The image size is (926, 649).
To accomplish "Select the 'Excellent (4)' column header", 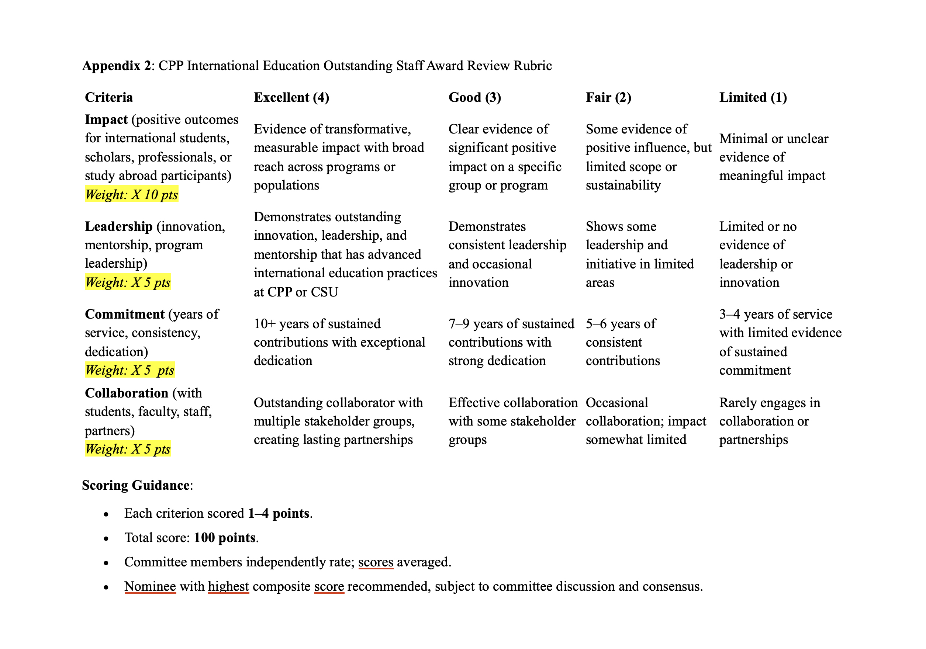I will pyautogui.click(x=291, y=98).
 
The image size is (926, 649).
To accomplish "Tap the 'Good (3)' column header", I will pyautogui.click(x=474, y=98).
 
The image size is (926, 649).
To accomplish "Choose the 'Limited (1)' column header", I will pyautogui.click(x=753, y=98).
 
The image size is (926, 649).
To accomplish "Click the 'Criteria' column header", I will pyautogui.click(x=108, y=98).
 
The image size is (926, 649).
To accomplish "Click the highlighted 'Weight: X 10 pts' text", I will pyautogui.click(x=131, y=195).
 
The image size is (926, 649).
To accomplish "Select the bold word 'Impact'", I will pyautogui.click(x=106, y=120).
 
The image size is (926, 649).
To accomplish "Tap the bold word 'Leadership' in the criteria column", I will pyautogui.click(x=118, y=226).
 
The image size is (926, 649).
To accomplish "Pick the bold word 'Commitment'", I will pyautogui.click(x=125, y=314).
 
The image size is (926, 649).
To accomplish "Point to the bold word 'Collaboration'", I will pyautogui.click(x=126, y=393).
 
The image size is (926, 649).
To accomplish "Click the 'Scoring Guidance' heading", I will pyautogui.click(x=136, y=485).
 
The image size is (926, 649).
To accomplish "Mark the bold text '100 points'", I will pyautogui.click(x=225, y=538).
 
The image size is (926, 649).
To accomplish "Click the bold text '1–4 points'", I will pyautogui.click(x=279, y=514).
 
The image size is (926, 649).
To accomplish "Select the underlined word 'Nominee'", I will pyautogui.click(x=150, y=587).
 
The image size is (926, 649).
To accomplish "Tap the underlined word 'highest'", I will pyautogui.click(x=228, y=587).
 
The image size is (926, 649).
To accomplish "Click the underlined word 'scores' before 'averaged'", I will pyautogui.click(x=376, y=562).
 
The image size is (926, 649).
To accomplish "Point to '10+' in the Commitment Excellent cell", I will pyautogui.click(x=264, y=324).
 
